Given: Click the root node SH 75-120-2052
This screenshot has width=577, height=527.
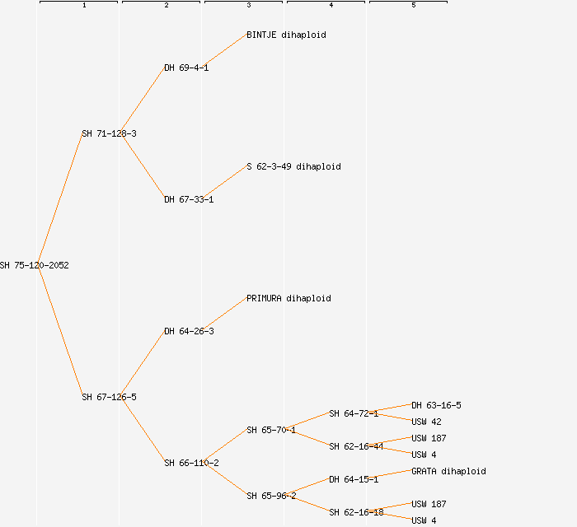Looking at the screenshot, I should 34,265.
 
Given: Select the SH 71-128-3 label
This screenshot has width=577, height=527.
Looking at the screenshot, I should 109,133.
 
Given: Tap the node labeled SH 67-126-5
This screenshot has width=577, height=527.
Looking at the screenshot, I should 109,397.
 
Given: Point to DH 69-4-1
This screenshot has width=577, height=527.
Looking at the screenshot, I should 186,68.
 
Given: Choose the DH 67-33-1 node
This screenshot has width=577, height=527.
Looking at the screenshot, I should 189,199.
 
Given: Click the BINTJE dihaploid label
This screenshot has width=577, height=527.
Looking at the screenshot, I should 286,35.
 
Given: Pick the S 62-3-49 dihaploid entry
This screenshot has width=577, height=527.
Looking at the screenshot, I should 293,166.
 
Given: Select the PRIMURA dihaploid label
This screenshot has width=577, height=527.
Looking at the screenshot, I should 288,298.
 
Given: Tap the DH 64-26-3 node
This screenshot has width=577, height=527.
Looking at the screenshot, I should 189,331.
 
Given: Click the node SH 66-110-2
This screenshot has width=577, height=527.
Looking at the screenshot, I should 191,463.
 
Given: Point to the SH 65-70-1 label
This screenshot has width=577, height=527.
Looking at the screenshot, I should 271,430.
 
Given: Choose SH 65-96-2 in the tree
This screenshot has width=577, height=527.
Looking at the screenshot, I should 271,496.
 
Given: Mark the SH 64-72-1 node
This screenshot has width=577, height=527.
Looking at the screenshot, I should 354,413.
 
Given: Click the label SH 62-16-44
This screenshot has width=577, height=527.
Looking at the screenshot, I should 356,446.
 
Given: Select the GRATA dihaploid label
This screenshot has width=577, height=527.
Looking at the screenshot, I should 448,471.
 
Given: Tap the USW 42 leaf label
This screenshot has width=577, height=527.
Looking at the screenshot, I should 426,422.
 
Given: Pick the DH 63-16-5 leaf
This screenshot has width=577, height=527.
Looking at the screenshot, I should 436,405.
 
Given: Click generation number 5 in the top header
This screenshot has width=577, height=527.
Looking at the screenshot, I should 413,6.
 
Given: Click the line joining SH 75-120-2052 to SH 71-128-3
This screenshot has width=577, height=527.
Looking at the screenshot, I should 59,199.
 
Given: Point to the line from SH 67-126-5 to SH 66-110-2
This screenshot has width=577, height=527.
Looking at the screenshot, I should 143,430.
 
